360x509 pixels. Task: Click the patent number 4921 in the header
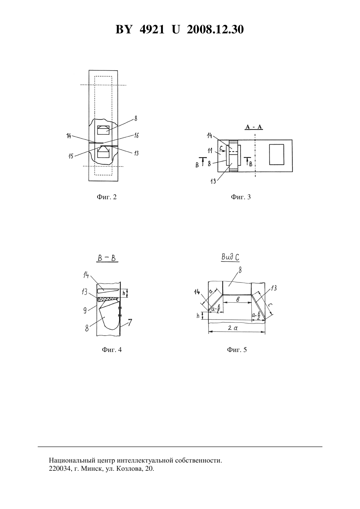152,29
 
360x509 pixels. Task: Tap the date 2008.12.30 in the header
215,29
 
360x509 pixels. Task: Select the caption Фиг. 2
107,197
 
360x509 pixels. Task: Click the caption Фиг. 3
241,197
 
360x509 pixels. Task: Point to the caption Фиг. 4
112,349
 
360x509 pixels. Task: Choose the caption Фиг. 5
237,349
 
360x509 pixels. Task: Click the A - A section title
254,127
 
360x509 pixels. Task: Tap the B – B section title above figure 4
107,258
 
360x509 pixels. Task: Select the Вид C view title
230,257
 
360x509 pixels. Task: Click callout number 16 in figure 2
136,136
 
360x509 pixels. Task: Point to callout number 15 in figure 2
71,156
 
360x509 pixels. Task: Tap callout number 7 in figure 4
130,323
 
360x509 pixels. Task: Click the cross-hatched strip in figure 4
108,299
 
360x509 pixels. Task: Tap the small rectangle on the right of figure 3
277,154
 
